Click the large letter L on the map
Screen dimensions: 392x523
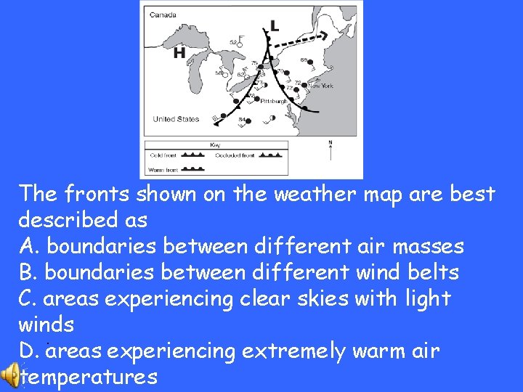click(x=274, y=26)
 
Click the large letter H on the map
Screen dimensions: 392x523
click(x=179, y=53)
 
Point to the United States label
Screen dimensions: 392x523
click(x=175, y=119)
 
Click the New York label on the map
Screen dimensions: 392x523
click(x=320, y=86)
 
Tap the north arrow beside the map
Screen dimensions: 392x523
click(x=331, y=150)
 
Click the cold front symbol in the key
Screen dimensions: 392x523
click(x=191, y=155)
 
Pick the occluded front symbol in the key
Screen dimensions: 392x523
click(x=269, y=155)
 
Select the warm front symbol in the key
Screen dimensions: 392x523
click(x=191, y=168)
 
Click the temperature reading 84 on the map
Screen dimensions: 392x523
click(x=242, y=119)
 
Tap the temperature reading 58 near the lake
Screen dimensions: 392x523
click(x=219, y=73)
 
